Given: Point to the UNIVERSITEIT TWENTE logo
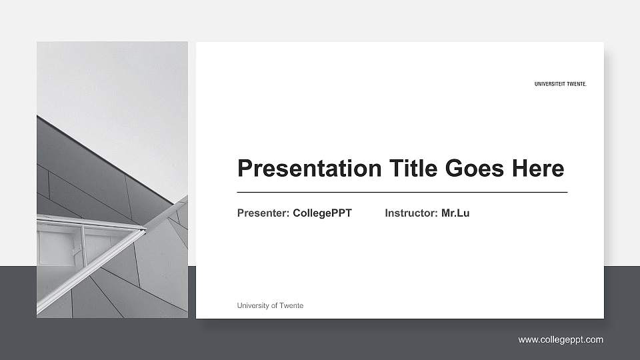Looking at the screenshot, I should (x=561, y=85).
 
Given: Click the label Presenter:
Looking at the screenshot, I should (x=263, y=213).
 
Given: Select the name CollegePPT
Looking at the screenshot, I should (x=322, y=213).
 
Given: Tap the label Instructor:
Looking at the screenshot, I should (x=411, y=213).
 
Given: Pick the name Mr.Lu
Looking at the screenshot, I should (x=455, y=213).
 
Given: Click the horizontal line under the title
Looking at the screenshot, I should (x=402, y=192).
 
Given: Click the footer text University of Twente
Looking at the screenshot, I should (x=270, y=305).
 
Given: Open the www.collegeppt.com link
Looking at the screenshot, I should (x=561, y=340).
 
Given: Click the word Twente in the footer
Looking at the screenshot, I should (x=292, y=305).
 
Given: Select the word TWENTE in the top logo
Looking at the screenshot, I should (x=576, y=85).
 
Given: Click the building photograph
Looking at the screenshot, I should (x=112, y=200).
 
